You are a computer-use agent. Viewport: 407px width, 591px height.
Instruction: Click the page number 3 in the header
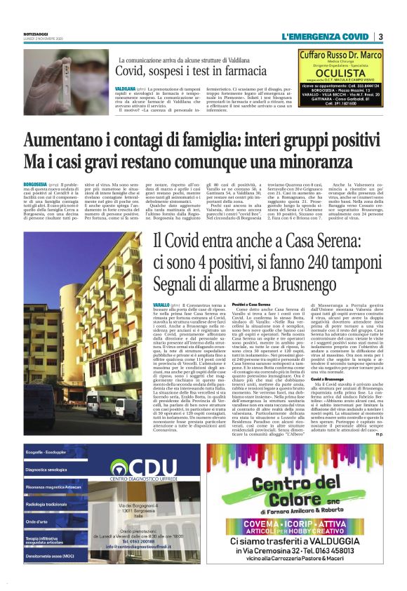click(x=380, y=36)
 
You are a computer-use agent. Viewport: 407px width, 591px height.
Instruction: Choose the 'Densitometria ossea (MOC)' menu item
click(x=48, y=555)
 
